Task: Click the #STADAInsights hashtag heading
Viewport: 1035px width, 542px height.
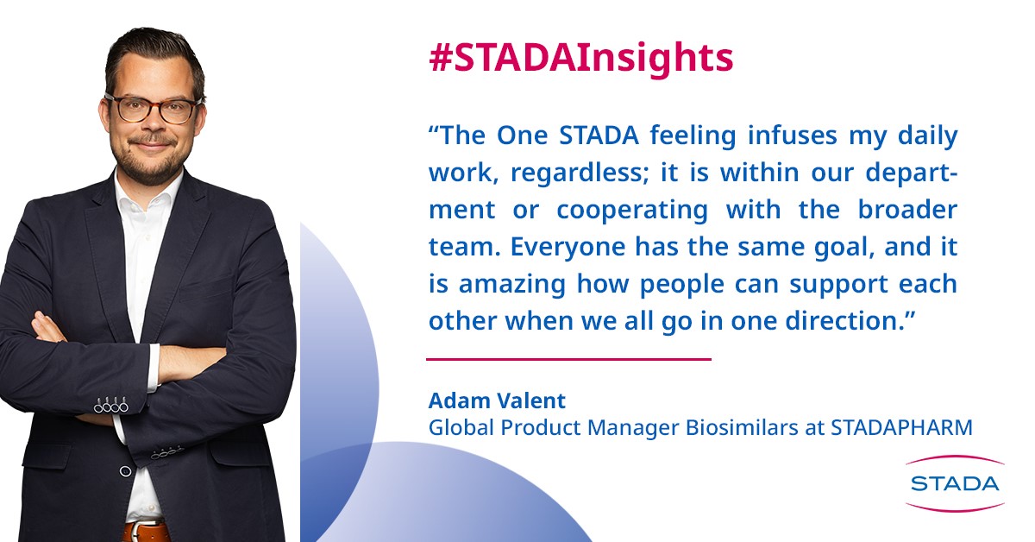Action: click(x=581, y=60)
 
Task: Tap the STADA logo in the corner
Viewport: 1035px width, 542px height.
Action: click(x=955, y=483)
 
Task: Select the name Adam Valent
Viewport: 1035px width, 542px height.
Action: click(x=497, y=400)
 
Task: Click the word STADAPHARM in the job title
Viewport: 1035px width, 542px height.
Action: click(x=901, y=427)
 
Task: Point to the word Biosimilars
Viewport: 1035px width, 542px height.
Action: click(x=742, y=427)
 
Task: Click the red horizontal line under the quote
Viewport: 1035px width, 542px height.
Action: click(x=568, y=359)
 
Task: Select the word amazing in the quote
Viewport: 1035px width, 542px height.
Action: click(x=512, y=285)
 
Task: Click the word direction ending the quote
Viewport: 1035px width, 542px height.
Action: click(x=850, y=320)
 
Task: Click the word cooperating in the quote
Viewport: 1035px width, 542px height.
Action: click(x=632, y=211)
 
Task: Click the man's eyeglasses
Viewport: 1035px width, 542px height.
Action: click(x=154, y=109)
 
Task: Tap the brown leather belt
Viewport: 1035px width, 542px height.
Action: click(x=145, y=532)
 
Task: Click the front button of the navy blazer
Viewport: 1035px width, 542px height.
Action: click(x=125, y=471)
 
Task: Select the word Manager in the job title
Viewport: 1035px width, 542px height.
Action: click(x=633, y=428)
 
